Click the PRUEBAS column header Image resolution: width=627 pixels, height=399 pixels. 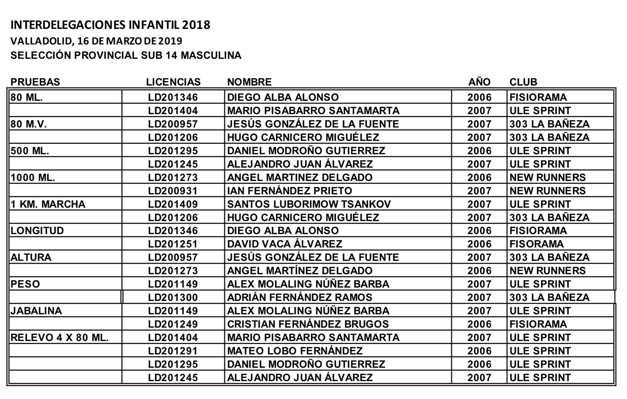pos(35,82)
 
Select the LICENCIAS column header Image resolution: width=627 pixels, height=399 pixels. pos(173,82)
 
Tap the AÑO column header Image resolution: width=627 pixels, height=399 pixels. pos(479,82)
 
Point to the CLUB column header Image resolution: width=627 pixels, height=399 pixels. pos(523,82)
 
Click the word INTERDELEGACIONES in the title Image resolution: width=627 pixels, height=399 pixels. pos(68,25)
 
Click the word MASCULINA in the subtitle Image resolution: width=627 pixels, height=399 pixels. pos(211,55)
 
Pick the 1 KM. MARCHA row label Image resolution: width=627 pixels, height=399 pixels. pos(48,204)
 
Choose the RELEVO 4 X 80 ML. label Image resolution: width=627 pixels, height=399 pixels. pos(60,338)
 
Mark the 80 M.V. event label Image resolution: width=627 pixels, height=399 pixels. pos(29,124)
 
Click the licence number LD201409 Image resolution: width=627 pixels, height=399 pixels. pos(173,204)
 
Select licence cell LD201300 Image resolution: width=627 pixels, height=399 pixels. pos(173,297)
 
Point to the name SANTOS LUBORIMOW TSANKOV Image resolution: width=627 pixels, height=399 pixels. pos(309,204)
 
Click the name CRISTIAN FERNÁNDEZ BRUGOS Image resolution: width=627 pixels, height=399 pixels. pos(308,324)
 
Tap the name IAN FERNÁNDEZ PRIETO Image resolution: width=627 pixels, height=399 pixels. pos(290,191)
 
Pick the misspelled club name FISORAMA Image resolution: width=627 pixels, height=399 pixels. pos(537,244)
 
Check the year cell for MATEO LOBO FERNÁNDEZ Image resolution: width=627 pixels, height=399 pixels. pos(479,351)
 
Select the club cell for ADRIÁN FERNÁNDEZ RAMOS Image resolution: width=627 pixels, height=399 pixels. pos(549,297)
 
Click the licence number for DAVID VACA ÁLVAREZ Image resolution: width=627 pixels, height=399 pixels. pos(173,244)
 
